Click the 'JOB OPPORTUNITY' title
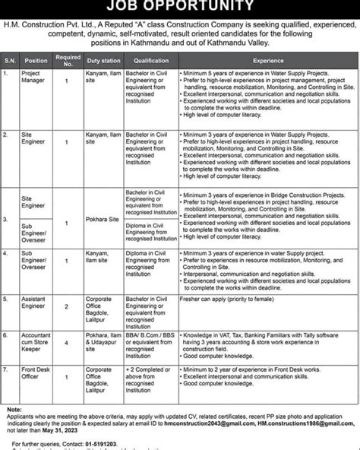pyautogui.click(x=180, y=7)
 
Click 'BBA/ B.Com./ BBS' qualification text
pyautogui.click(x=152, y=334)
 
